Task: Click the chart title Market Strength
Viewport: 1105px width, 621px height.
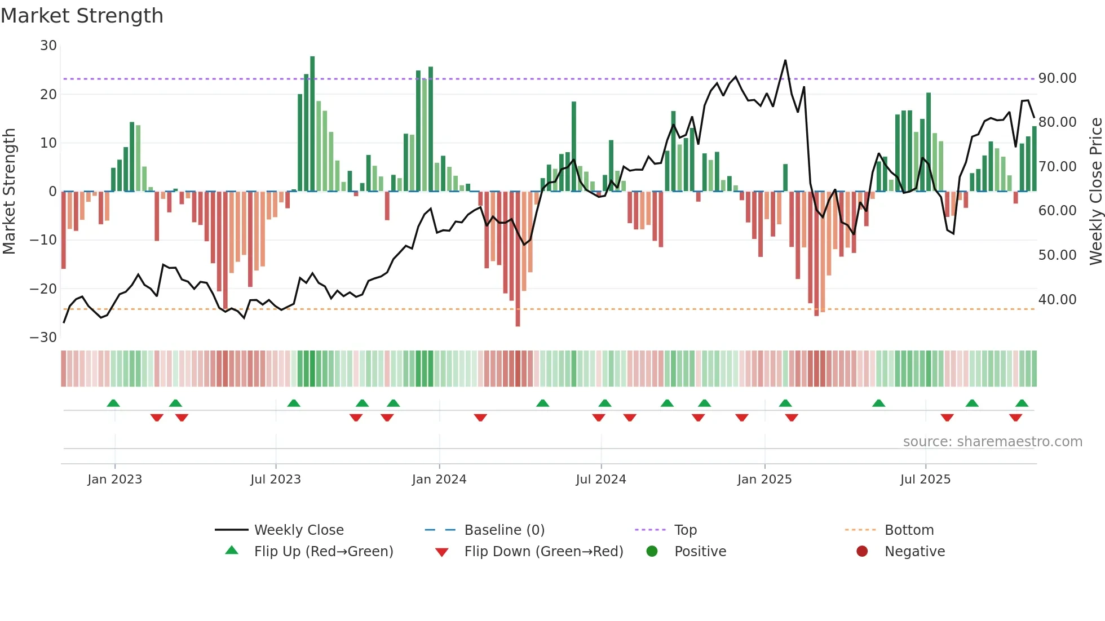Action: (x=82, y=16)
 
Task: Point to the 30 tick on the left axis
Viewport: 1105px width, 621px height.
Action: (x=48, y=46)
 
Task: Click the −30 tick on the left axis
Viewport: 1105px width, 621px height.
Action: (x=43, y=338)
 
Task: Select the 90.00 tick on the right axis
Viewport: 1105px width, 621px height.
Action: (x=1057, y=78)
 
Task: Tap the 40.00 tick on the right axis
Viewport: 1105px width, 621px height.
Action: (x=1057, y=300)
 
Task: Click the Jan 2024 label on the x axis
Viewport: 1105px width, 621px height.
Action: (x=439, y=480)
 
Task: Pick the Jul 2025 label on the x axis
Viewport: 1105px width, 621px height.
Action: (x=925, y=480)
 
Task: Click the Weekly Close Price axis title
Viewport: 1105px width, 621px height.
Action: (x=1095, y=192)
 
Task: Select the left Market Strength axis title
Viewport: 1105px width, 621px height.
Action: (x=9, y=192)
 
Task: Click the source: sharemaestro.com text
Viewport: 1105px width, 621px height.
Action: (x=992, y=442)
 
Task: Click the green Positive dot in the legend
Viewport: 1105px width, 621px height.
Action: (x=652, y=552)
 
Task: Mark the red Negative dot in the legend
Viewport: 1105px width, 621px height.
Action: (x=862, y=552)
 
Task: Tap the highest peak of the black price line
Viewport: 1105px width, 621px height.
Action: (x=785, y=60)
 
